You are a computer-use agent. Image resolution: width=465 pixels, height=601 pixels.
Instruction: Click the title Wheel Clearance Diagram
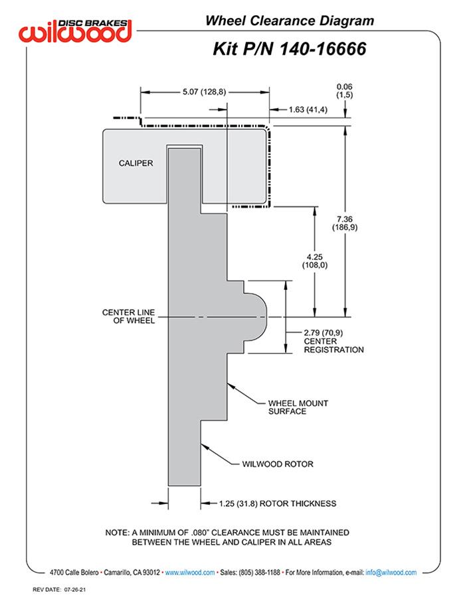pos(290,21)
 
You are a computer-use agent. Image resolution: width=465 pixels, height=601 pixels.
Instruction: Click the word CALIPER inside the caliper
pos(136,163)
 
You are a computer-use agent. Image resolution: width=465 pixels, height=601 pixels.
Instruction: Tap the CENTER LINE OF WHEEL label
pos(128,316)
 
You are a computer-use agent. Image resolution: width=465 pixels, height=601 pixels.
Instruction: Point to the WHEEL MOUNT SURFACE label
pos(298,407)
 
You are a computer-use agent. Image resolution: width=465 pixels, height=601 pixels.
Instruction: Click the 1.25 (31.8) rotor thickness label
pos(277,503)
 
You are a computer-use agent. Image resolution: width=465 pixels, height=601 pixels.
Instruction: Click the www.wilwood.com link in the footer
pos(189,572)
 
